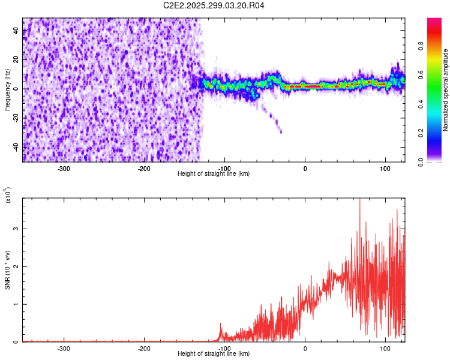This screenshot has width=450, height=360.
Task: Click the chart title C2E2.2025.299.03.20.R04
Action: [214, 5]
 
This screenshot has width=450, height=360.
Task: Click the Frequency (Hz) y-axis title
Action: [7, 90]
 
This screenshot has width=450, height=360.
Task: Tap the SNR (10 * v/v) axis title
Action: [8, 269]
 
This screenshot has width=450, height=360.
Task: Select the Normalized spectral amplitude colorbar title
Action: [446, 90]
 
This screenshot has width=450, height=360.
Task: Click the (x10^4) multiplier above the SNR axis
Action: [8, 195]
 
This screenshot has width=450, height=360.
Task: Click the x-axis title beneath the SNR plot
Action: [214, 354]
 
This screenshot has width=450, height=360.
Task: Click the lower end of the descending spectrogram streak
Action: [280, 131]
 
